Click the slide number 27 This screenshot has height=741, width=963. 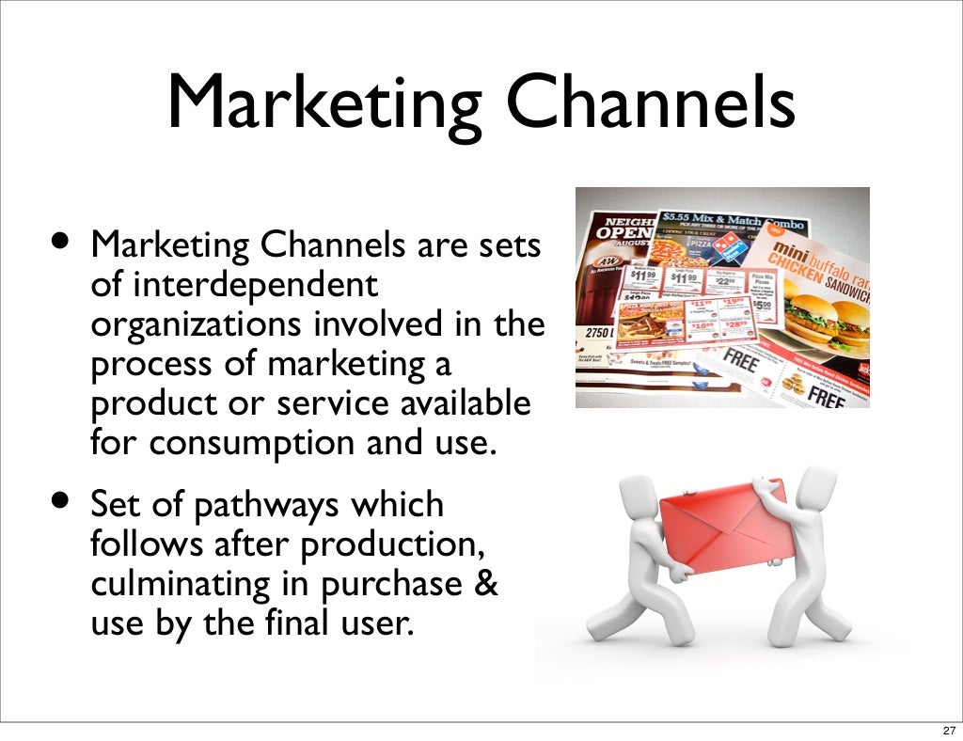(x=947, y=730)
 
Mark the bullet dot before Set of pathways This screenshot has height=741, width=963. (x=60, y=500)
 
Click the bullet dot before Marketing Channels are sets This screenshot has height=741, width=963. (x=60, y=241)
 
